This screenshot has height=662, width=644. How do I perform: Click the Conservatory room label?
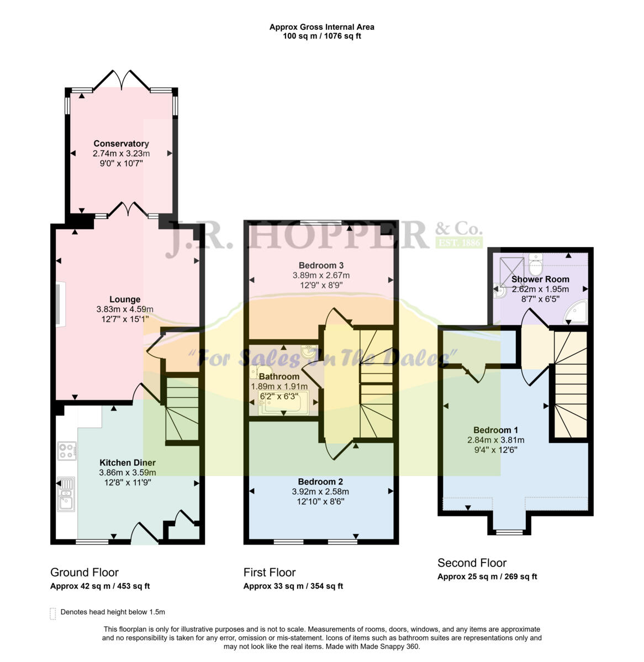tap(121, 144)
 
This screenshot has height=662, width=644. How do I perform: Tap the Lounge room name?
tap(125, 300)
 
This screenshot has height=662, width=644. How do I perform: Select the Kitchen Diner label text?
tap(127, 463)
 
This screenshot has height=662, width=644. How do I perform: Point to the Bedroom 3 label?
tap(321, 265)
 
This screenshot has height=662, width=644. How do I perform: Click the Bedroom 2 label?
tap(320, 482)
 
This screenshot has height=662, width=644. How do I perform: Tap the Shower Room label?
tap(532, 279)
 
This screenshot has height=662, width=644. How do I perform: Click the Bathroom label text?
tap(279, 377)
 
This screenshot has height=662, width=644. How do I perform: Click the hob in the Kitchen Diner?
tap(67, 451)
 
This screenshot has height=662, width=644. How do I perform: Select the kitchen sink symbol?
tap(66, 494)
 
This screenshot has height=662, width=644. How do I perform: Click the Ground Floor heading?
tap(85, 573)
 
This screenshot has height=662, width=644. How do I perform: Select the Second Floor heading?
tap(472, 563)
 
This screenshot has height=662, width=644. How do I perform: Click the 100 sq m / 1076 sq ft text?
tap(321, 36)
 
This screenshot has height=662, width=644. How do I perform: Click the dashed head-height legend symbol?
tap(53, 613)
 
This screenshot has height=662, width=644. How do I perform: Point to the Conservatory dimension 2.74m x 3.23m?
tap(121, 154)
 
